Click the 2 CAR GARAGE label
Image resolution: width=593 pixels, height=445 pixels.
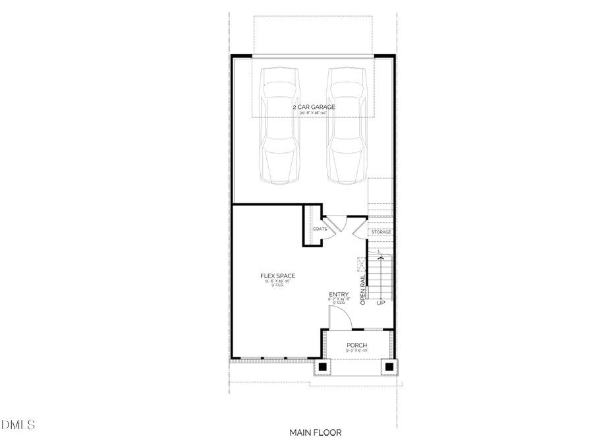point(314,107)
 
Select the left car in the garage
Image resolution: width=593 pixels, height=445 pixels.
point(281,125)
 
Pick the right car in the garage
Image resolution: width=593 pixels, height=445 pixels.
point(347,125)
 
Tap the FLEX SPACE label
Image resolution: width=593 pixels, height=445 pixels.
point(277,276)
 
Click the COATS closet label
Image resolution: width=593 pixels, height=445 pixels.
point(320,229)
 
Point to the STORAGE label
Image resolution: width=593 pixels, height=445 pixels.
point(381,232)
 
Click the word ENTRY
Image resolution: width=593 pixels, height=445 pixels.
point(339,295)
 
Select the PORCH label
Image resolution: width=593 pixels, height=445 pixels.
point(356,345)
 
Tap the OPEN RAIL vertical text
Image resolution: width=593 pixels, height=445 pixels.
point(363,288)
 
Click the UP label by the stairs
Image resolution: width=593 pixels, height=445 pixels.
point(380,303)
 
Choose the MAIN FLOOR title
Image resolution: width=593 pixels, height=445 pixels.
point(315,432)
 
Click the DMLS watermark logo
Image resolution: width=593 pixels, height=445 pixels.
point(20,425)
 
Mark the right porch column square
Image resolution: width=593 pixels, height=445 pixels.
point(389,367)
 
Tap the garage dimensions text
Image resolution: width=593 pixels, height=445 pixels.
point(314,113)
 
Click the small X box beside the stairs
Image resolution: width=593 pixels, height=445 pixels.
point(360,264)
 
